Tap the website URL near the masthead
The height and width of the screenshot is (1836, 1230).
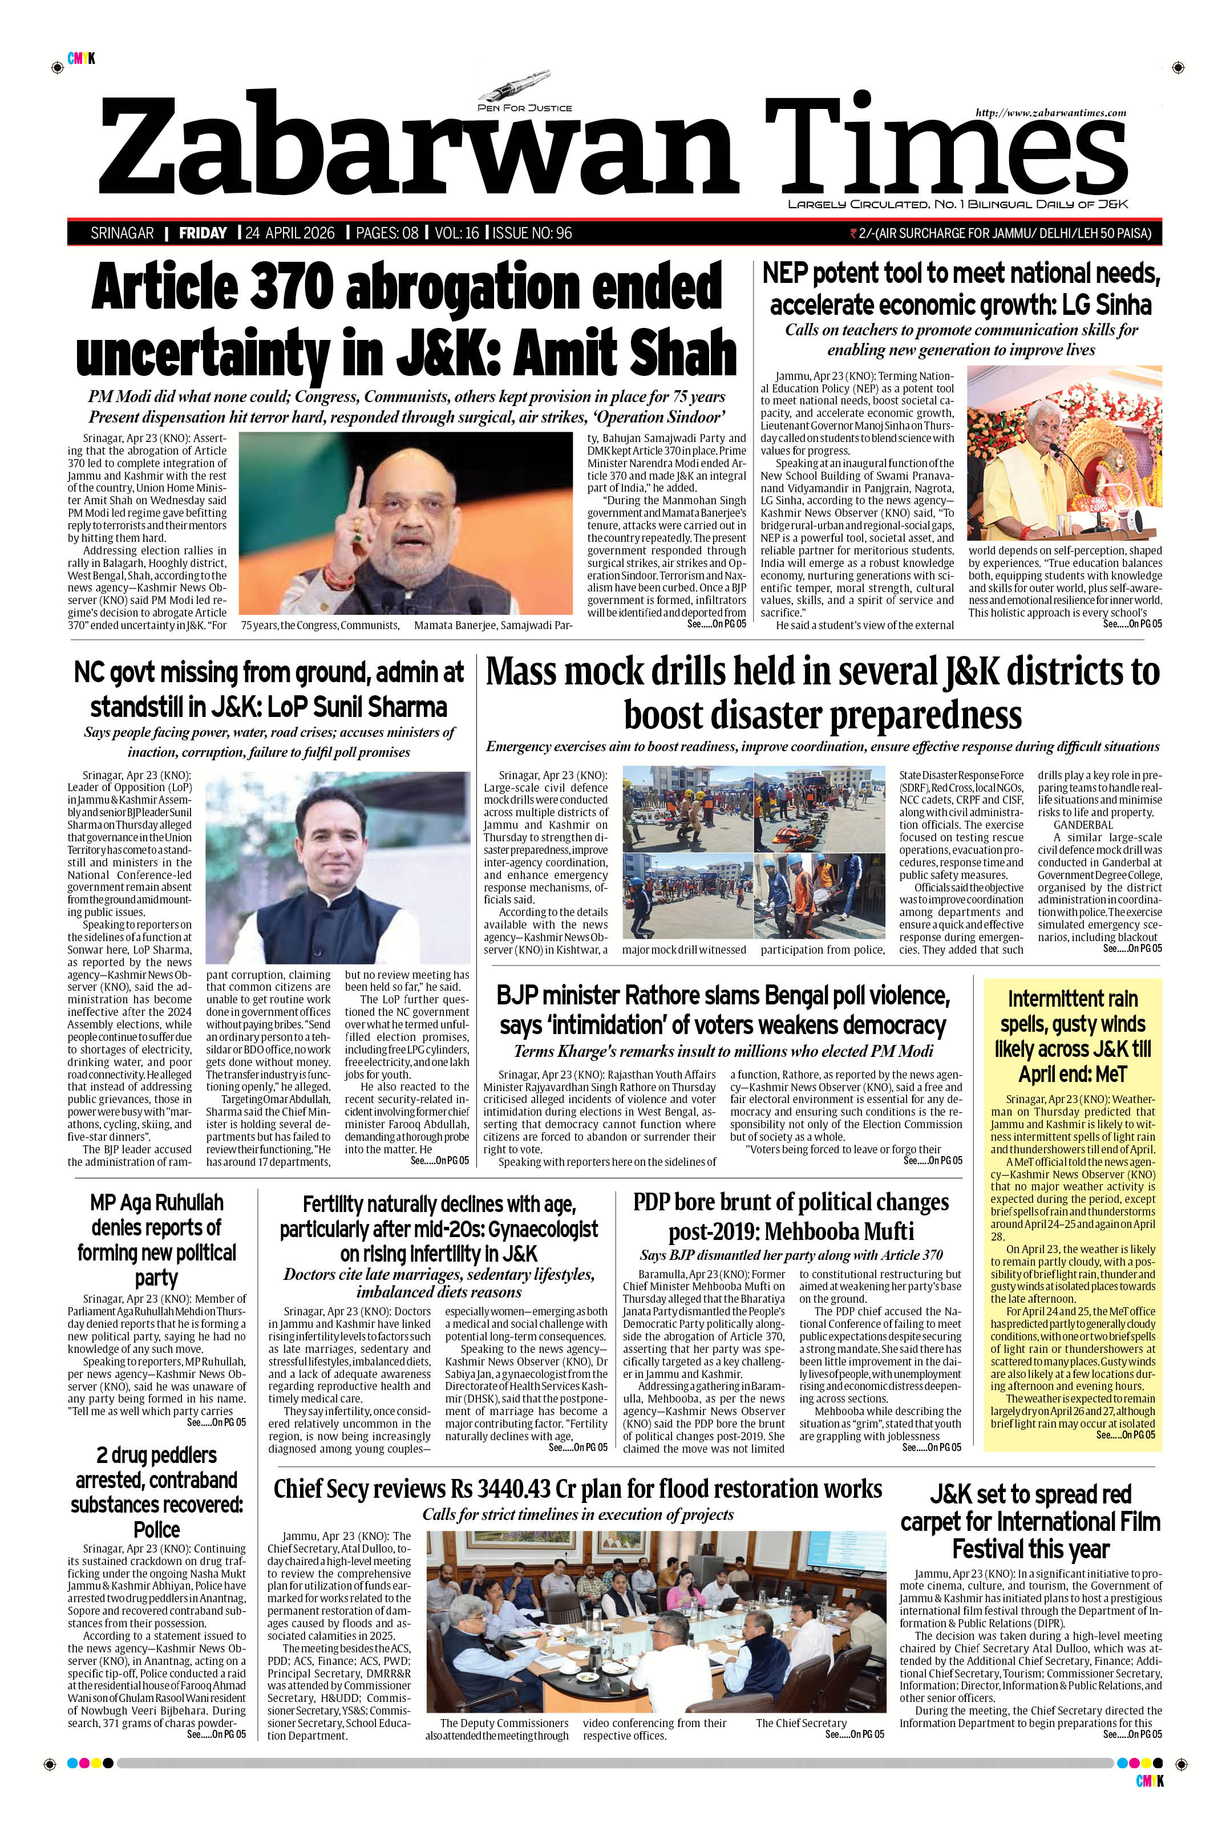click(1050, 113)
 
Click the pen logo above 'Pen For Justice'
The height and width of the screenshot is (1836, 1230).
click(524, 88)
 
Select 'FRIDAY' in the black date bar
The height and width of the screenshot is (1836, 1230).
click(203, 233)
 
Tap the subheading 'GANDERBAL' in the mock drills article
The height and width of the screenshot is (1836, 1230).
click(1083, 825)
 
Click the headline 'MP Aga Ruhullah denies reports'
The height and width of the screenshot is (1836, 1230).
click(156, 1240)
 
